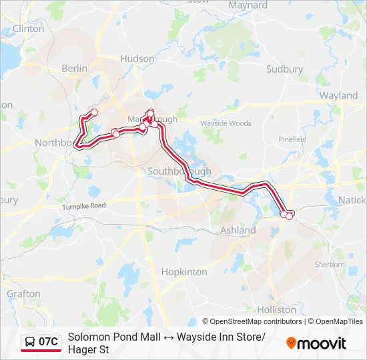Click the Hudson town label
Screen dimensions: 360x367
[137, 59]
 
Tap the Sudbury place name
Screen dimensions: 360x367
[284, 69]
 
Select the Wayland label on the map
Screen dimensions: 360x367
[338, 95]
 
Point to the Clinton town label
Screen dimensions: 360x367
[28, 29]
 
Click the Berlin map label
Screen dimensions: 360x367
[74, 68]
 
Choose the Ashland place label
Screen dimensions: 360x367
[238, 230]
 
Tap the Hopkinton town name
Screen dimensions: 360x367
[184, 272]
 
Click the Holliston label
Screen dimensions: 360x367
[276, 309]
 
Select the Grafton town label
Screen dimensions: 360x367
[23, 293]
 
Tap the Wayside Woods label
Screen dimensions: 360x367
[226, 123]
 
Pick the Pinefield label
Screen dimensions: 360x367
[292, 139]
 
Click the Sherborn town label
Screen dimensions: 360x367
[332, 264]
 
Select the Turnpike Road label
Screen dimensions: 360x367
[84, 206]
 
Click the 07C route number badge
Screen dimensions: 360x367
[48, 342]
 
